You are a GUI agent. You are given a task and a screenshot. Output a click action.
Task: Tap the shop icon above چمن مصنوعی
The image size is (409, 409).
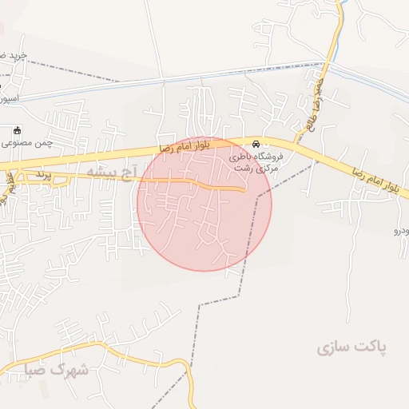[x=17, y=130]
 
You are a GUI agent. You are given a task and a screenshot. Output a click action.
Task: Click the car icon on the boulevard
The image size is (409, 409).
[x=256, y=145]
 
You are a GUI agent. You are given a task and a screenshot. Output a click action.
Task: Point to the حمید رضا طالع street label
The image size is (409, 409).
[x=318, y=100]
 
